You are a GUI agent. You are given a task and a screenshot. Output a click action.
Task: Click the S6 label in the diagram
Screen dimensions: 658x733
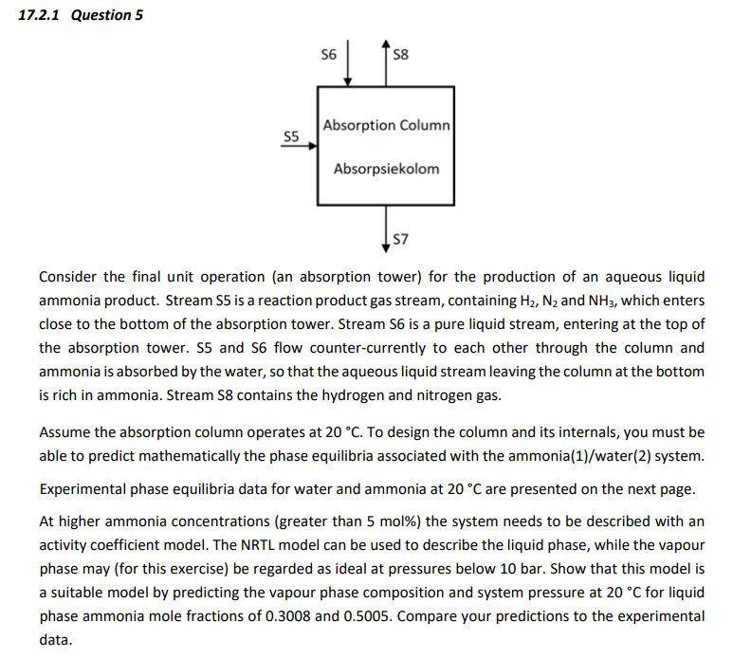pos(329,54)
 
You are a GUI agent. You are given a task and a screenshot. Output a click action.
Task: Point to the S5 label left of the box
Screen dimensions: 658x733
pos(292,137)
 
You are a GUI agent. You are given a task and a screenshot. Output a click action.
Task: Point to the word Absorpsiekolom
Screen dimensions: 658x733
pos(386,169)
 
